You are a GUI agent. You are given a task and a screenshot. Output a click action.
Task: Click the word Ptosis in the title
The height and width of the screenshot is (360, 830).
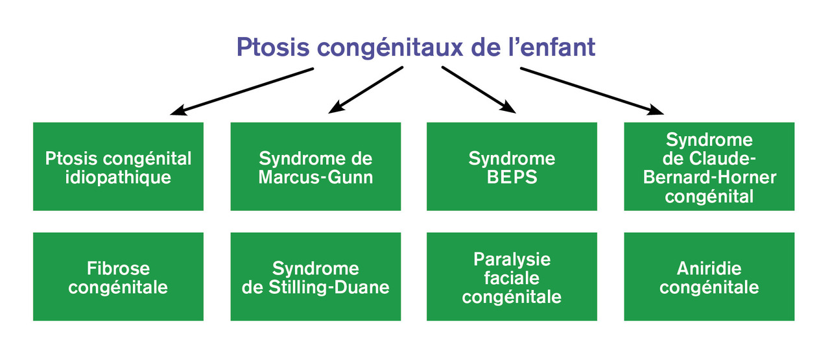[x=273, y=47]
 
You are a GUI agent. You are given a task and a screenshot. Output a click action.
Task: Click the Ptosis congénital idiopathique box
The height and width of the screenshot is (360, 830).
[x=118, y=167]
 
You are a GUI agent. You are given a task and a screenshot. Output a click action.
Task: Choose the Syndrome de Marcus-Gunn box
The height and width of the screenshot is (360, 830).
[x=316, y=167]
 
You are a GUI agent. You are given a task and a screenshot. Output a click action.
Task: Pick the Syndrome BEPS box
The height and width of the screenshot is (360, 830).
[x=512, y=167]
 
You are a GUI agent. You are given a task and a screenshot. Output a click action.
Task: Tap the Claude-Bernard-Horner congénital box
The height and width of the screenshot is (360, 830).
[x=709, y=167]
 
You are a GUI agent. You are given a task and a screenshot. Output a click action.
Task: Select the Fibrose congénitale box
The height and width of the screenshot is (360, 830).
[x=118, y=276]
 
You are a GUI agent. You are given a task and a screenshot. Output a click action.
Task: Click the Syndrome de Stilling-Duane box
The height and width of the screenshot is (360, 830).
[x=316, y=276]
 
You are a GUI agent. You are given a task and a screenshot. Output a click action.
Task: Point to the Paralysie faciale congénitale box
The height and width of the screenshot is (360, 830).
[x=512, y=276]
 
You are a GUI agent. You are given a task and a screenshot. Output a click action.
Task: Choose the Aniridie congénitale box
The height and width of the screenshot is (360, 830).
[x=709, y=276]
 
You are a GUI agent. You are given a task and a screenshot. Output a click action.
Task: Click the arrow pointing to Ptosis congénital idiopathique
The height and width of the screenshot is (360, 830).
[x=242, y=91]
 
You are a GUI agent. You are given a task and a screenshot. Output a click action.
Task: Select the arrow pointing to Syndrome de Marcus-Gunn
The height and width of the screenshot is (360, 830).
[x=366, y=90]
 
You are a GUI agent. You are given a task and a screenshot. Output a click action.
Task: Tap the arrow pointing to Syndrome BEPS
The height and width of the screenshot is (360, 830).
[x=479, y=90]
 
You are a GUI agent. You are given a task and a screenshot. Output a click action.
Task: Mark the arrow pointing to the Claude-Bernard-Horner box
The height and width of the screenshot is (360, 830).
[x=592, y=91]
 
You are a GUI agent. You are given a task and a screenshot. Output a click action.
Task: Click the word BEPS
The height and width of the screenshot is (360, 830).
[x=512, y=177]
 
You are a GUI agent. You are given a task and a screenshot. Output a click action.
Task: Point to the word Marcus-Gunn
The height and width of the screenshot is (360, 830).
[x=316, y=177]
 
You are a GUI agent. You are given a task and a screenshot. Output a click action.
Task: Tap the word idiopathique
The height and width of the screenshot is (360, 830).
[x=118, y=178]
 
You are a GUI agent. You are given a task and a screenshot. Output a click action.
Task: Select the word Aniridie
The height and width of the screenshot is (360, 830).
[x=709, y=269]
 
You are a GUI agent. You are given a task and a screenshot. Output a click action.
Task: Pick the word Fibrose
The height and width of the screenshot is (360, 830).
[x=118, y=269]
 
